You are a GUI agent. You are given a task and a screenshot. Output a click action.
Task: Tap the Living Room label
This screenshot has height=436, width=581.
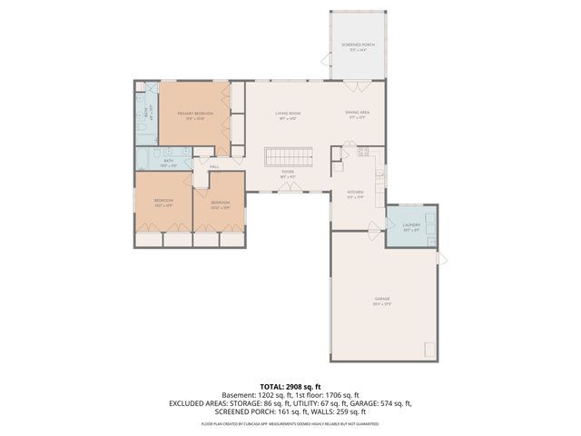pos(288,114)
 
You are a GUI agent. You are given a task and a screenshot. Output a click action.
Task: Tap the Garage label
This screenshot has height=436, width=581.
pos(382,299)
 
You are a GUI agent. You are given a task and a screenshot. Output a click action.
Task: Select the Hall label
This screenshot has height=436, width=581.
pos(215,167)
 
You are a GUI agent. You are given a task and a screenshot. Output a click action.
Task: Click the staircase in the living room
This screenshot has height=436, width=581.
pos(288,156)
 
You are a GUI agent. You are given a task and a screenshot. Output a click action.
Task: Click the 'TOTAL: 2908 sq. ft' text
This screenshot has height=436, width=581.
pos(290,386)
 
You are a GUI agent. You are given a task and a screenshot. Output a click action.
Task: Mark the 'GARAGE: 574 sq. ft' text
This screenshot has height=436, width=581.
pos(379,403)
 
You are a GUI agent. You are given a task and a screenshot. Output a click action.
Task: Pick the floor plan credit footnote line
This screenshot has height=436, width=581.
pos(290,423)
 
